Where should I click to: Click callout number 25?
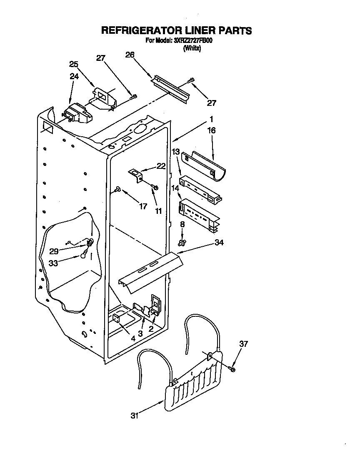[74, 64]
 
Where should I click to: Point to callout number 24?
[74, 76]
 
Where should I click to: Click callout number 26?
[130, 54]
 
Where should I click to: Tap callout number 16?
[211, 130]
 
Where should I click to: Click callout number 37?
[243, 343]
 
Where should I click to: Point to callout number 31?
[135, 415]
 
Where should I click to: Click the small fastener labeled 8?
[182, 242]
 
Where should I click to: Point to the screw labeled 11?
[155, 189]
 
